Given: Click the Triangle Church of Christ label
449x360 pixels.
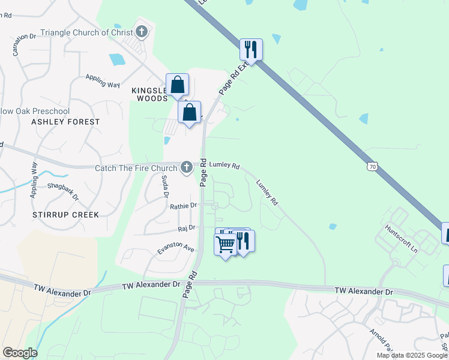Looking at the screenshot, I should tap(86, 32).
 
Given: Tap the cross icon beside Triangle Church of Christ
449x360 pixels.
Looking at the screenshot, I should tap(142, 32).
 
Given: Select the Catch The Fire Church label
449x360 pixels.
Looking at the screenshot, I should tap(136, 169).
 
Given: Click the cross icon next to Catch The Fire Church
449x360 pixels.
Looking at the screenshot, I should tap(187, 166).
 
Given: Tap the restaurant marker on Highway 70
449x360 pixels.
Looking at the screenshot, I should tap(251, 50).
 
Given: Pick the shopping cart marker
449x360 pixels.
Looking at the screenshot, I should tap(226, 245).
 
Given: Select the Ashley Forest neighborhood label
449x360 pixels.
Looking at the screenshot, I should tap(66, 122).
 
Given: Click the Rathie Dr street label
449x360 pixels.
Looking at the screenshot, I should tap(183, 206).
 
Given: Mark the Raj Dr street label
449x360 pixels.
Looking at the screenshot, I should tap(187, 228).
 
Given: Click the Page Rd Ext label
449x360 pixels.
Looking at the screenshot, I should tap(234, 78).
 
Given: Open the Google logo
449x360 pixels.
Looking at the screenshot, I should tap(20, 353).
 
